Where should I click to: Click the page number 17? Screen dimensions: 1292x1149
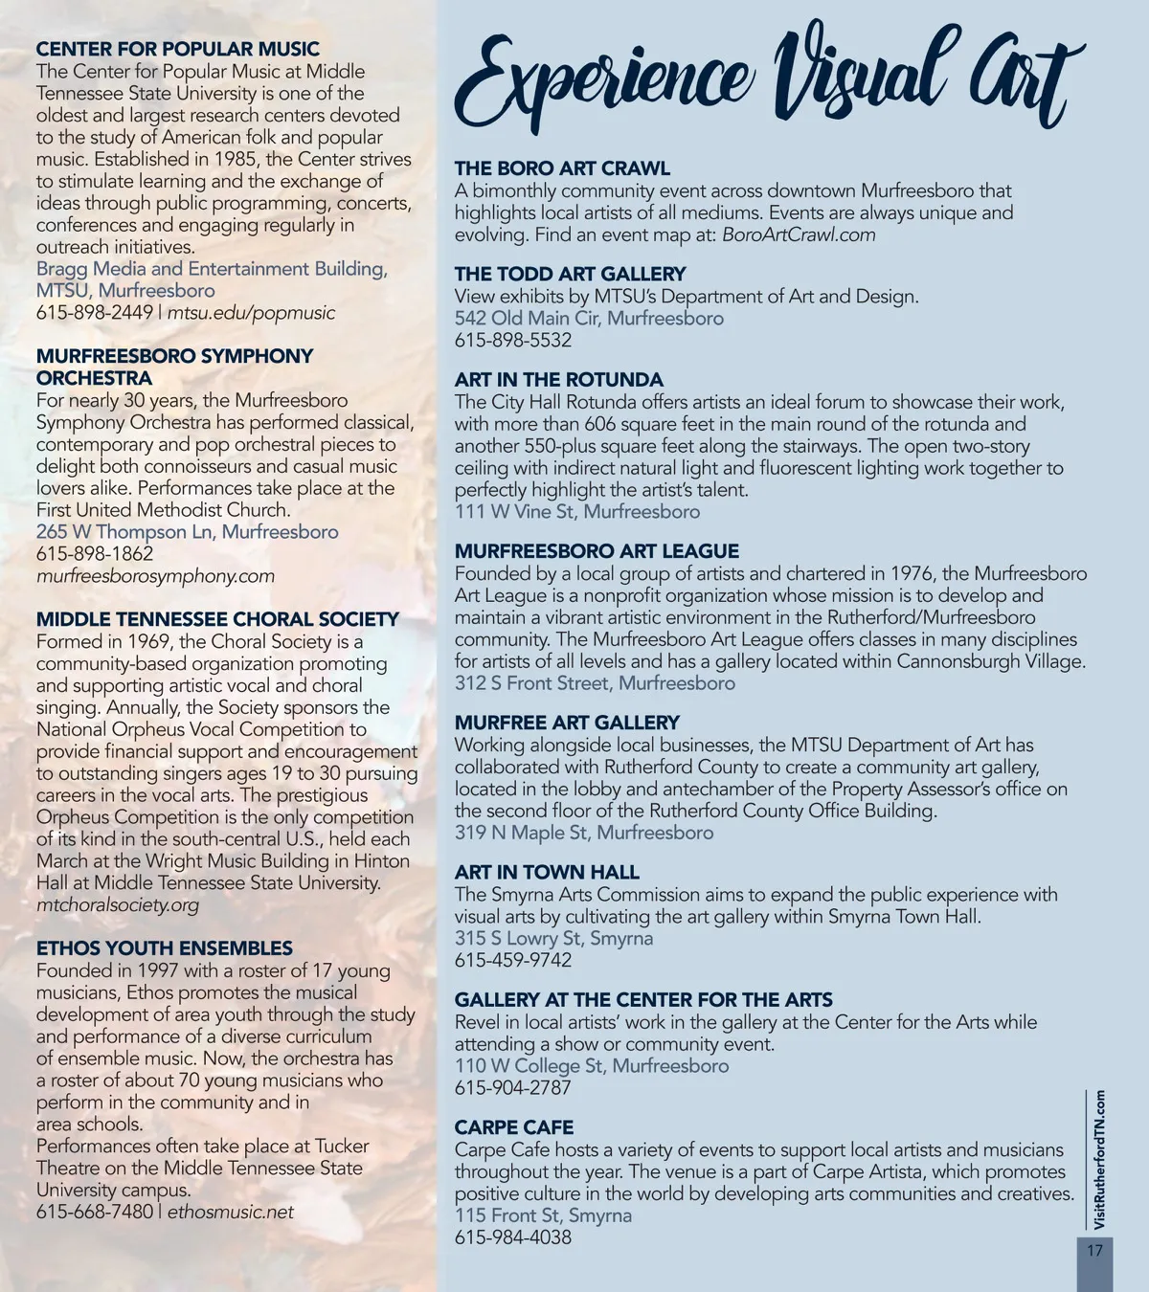click(x=1094, y=1250)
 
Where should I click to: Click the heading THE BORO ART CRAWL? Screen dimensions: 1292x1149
click(x=562, y=168)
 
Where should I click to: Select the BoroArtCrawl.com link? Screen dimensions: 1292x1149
click(x=799, y=234)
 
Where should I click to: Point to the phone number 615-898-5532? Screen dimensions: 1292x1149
click(x=512, y=340)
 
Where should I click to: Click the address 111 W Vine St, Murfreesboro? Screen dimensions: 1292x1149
click(x=576, y=511)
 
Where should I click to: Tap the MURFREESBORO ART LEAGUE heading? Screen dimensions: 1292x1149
click(x=597, y=551)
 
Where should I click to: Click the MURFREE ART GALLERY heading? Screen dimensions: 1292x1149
click(x=567, y=723)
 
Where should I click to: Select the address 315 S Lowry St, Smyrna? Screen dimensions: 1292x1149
click(x=553, y=938)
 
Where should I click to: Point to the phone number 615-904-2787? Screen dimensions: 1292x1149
click(x=512, y=1087)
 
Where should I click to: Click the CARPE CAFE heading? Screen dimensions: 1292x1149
click(x=514, y=1127)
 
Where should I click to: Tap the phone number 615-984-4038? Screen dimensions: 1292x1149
click(x=512, y=1236)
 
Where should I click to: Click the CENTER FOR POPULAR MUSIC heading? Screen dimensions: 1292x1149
click(x=178, y=49)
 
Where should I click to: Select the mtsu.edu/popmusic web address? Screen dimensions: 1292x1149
click(x=252, y=313)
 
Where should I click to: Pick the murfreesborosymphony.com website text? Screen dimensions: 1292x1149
click(x=155, y=576)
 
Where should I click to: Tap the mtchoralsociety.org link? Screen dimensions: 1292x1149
click(x=118, y=904)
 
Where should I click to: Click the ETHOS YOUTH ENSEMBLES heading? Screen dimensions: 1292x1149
click(x=165, y=948)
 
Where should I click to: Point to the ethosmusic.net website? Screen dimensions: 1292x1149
click(x=231, y=1212)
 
